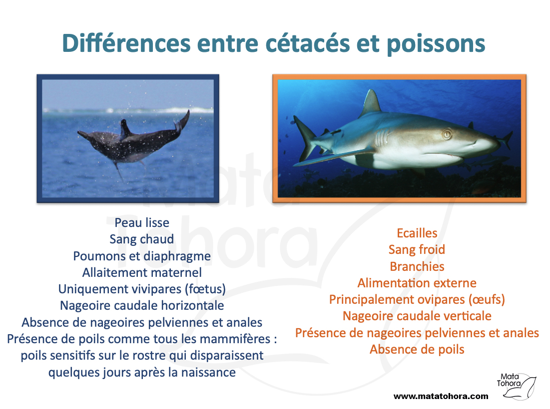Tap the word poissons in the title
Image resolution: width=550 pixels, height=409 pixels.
[x=436, y=44]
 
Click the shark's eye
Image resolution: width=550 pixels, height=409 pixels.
[x=447, y=135]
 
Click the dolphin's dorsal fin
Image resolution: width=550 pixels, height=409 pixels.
[x=124, y=129]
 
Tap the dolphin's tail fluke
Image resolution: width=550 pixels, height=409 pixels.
[x=182, y=123]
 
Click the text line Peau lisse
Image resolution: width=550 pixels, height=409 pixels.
[x=142, y=223]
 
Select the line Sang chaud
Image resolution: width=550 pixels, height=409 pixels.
[x=142, y=239]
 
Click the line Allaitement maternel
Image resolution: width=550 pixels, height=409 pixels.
[x=142, y=272]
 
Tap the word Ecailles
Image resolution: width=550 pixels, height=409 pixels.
[x=417, y=233]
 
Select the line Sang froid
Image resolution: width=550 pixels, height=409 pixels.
[x=417, y=250]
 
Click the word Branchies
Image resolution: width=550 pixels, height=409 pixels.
[x=417, y=266]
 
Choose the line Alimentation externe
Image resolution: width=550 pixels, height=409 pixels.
[x=417, y=283]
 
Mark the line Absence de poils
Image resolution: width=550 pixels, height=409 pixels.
[x=417, y=350]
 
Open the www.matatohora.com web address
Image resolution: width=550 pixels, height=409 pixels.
[x=441, y=397]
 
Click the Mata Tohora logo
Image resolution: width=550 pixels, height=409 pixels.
[x=516, y=386]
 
